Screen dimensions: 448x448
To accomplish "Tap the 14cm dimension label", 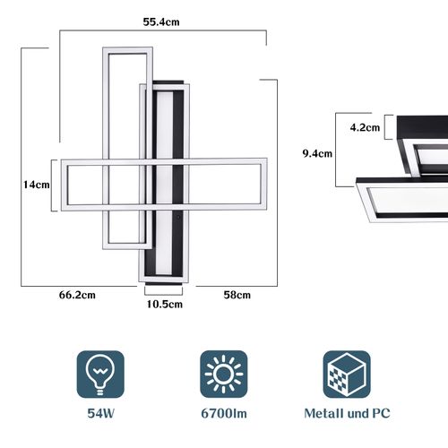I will [x=36, y=185].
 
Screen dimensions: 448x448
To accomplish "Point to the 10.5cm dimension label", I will [x=164, y=304].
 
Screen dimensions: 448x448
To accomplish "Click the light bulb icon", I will [x=98, y=374].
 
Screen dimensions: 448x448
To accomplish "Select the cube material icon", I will [x=347, y=374].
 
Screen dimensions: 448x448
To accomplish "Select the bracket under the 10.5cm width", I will [x=164, y=289].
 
